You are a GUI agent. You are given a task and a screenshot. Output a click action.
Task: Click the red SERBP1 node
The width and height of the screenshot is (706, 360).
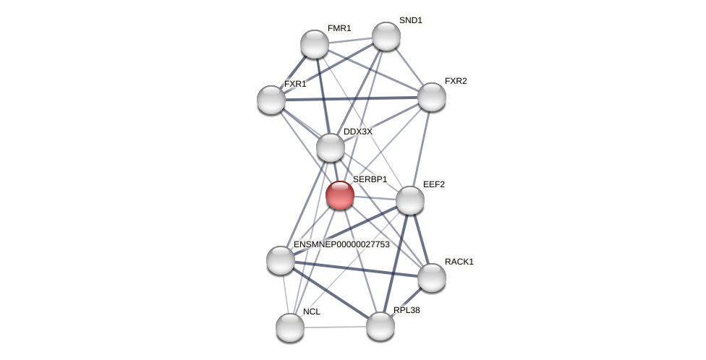[339, 195]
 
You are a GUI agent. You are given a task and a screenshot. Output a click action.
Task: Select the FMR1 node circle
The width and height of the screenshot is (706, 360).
[315, 44]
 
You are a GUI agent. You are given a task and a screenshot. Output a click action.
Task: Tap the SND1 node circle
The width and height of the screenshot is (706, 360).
[386, 36]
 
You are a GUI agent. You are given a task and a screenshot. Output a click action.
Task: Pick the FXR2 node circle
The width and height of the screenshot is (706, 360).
[432, 97]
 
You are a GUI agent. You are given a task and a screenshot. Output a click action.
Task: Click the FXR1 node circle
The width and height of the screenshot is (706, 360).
[271, 100]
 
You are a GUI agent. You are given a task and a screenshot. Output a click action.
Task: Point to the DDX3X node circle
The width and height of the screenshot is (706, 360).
[331, 147]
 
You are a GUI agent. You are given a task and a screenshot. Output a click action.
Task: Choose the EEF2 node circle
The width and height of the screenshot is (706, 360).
[410, 200]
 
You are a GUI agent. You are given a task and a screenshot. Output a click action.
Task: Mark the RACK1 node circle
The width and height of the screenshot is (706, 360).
[432, 278]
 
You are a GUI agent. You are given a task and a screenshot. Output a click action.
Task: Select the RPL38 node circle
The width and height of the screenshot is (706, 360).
[380, 326]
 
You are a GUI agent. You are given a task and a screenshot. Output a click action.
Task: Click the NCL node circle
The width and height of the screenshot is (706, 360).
[290, 327]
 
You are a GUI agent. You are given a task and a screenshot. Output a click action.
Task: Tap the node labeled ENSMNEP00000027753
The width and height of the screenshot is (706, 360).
[281, 260]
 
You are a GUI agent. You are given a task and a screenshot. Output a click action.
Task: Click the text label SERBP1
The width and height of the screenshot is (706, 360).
[370, 179]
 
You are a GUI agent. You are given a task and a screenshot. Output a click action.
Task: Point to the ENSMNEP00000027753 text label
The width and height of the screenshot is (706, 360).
[341, 244]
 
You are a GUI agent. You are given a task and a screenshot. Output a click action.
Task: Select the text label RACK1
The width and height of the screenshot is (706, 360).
[459, 262]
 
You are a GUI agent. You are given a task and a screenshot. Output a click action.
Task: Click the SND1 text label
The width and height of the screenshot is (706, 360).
[411, 20]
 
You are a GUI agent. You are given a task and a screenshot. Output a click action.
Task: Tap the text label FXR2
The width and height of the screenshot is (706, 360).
[456, 81]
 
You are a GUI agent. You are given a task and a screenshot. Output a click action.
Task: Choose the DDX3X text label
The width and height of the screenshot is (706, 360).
[357, 132]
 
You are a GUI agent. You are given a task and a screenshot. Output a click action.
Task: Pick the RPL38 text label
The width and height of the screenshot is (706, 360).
[407, 310]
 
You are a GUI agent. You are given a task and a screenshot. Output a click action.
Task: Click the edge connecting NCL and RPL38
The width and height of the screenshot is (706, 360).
[335, 327]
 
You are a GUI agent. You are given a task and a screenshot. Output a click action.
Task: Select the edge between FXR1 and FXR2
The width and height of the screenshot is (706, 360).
[352, 98]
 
